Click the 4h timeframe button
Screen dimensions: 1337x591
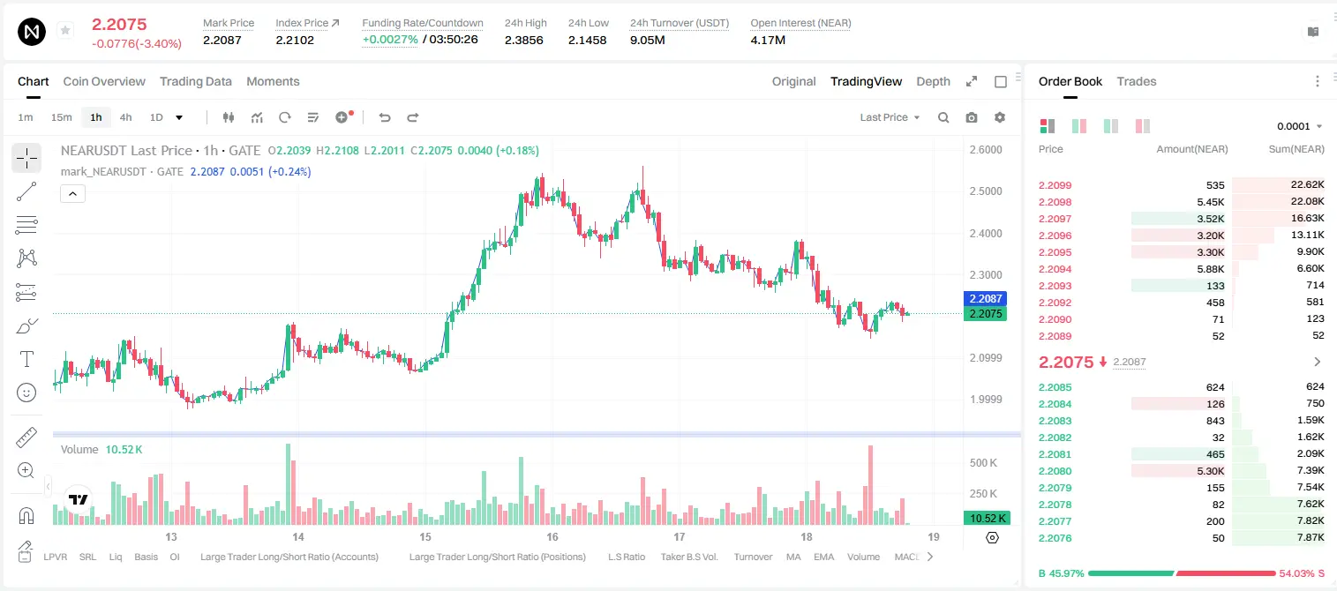coord(125,117)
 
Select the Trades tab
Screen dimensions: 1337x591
coord(1137,81)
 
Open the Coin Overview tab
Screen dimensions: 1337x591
coord(104,81)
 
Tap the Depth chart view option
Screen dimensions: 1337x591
coord(933,81)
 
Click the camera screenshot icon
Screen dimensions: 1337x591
coord(972,117)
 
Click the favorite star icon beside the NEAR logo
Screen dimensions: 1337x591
coord(65,30)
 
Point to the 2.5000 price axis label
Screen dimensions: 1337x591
coord(986,191)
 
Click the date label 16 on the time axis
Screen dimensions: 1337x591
coord(552,536)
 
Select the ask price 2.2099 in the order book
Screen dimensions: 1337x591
coord(1055,185)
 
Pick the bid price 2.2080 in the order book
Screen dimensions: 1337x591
coord(1055,471)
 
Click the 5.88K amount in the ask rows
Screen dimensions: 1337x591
coord(1211,269)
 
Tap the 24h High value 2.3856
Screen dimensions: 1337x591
coord(523,40)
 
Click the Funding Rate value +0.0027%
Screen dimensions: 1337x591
coord(390,40)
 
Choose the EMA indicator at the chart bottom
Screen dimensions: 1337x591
coord(823,557)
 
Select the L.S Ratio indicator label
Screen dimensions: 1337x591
coord(627,557)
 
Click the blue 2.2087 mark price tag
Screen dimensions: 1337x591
coord(986,298)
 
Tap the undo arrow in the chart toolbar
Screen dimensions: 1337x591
coord(385,117)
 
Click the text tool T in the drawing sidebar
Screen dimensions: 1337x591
coord(26,359)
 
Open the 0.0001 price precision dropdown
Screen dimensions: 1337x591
coord(1299,126)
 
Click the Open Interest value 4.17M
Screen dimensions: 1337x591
coord(768,40)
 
